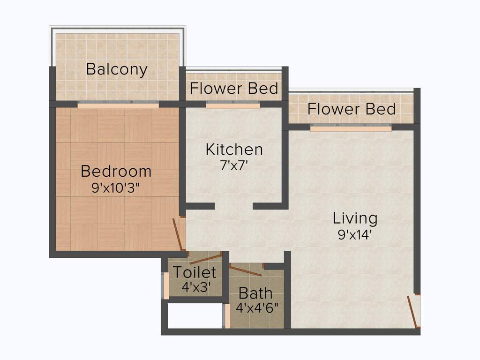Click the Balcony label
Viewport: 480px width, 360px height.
(x=117, y=69)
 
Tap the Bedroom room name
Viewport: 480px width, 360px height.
(x=116, y=171)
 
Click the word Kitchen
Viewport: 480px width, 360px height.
(x=234, y=150)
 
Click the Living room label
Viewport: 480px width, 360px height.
(x=355, y=218)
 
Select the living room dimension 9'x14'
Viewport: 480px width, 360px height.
(x=355, y=234)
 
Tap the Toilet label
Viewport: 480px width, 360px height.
(x=195, y=272)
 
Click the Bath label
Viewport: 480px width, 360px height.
(x=255, y=293)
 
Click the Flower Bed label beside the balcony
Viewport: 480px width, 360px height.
(x=234, y=88)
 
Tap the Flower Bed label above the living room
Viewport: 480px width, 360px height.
(x=351, y=109)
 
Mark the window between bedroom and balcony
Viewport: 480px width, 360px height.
(x=118, y=105)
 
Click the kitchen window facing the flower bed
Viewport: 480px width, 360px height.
(x=232, y=106)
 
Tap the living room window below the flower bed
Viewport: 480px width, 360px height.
(x=351, y=128)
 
